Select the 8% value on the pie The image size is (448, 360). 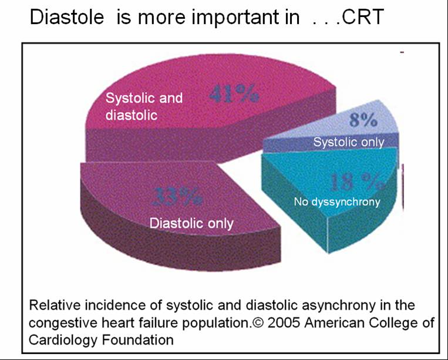[x=363, y=121]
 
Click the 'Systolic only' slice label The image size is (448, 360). [x=349, y=142]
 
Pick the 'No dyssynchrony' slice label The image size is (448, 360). [x=337, y=202]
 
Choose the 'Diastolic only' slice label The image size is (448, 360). [x=191, y=223]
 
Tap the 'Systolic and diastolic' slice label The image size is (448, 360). [x=144, y=106]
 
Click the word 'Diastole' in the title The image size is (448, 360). [x=69, y=18]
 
